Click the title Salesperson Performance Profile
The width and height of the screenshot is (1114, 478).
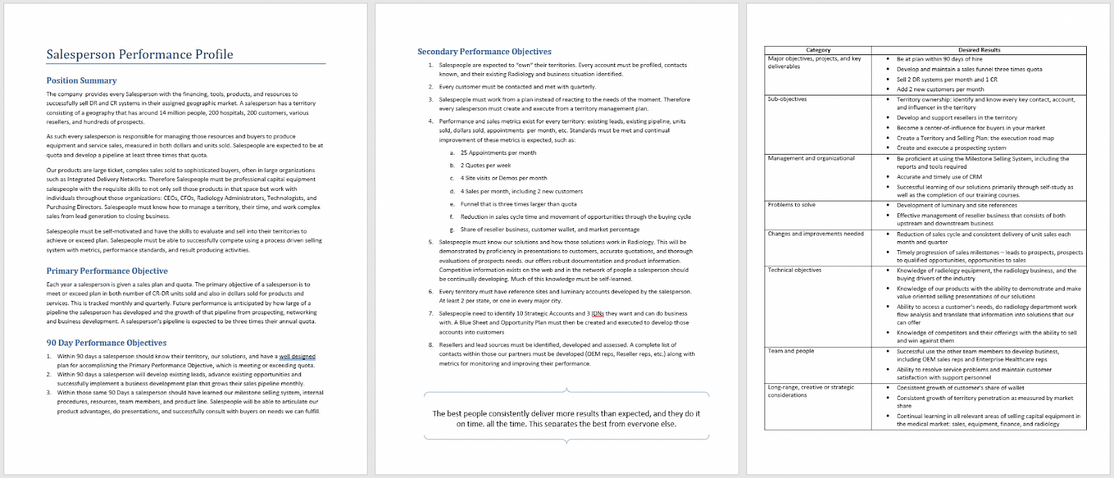point(139,54)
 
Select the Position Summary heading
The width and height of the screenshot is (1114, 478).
point(81,81)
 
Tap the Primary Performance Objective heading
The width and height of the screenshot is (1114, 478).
point(107,271)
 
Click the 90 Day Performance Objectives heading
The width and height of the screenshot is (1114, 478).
point(106,343)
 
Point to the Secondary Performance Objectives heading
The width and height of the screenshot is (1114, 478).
point(484,52)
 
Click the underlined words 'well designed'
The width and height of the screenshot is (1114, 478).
point(297,357)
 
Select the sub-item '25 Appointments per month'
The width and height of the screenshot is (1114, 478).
point(498,153)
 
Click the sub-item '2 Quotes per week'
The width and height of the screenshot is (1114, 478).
point(485,165)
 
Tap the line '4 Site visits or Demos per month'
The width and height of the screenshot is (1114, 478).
point(503,178)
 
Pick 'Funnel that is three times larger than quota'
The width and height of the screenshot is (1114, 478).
point(518,204)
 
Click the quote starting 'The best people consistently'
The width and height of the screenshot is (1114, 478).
point(566,418)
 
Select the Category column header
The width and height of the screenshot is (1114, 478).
point(818,50)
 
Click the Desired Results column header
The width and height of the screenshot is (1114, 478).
point(979,50)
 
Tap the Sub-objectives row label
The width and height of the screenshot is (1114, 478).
point(787,99)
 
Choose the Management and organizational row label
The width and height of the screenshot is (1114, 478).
point(810,158)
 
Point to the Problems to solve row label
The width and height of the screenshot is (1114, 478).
point(791,205)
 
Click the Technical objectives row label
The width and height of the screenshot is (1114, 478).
point(794,270)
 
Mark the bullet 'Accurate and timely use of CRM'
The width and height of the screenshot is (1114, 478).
point(939,177)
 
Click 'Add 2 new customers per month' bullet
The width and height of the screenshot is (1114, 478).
point(940,89)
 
